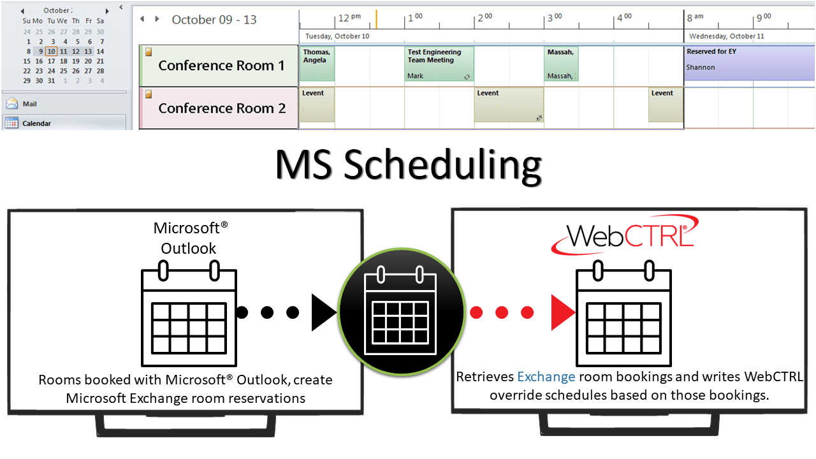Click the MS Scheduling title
click(408, 166)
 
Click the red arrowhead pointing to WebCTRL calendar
click(563, 312)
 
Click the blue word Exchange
click(546, 377)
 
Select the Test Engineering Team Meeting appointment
click(439, 64)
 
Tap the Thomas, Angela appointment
click(316, 64)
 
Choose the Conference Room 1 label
click(221, 66)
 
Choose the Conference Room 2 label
click(221, 108)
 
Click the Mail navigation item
click(29, 104)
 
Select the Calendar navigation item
click(36, 124)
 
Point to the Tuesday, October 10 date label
click(337, 36)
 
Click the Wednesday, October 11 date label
click(726, 36)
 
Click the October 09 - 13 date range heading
click(214, 20)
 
